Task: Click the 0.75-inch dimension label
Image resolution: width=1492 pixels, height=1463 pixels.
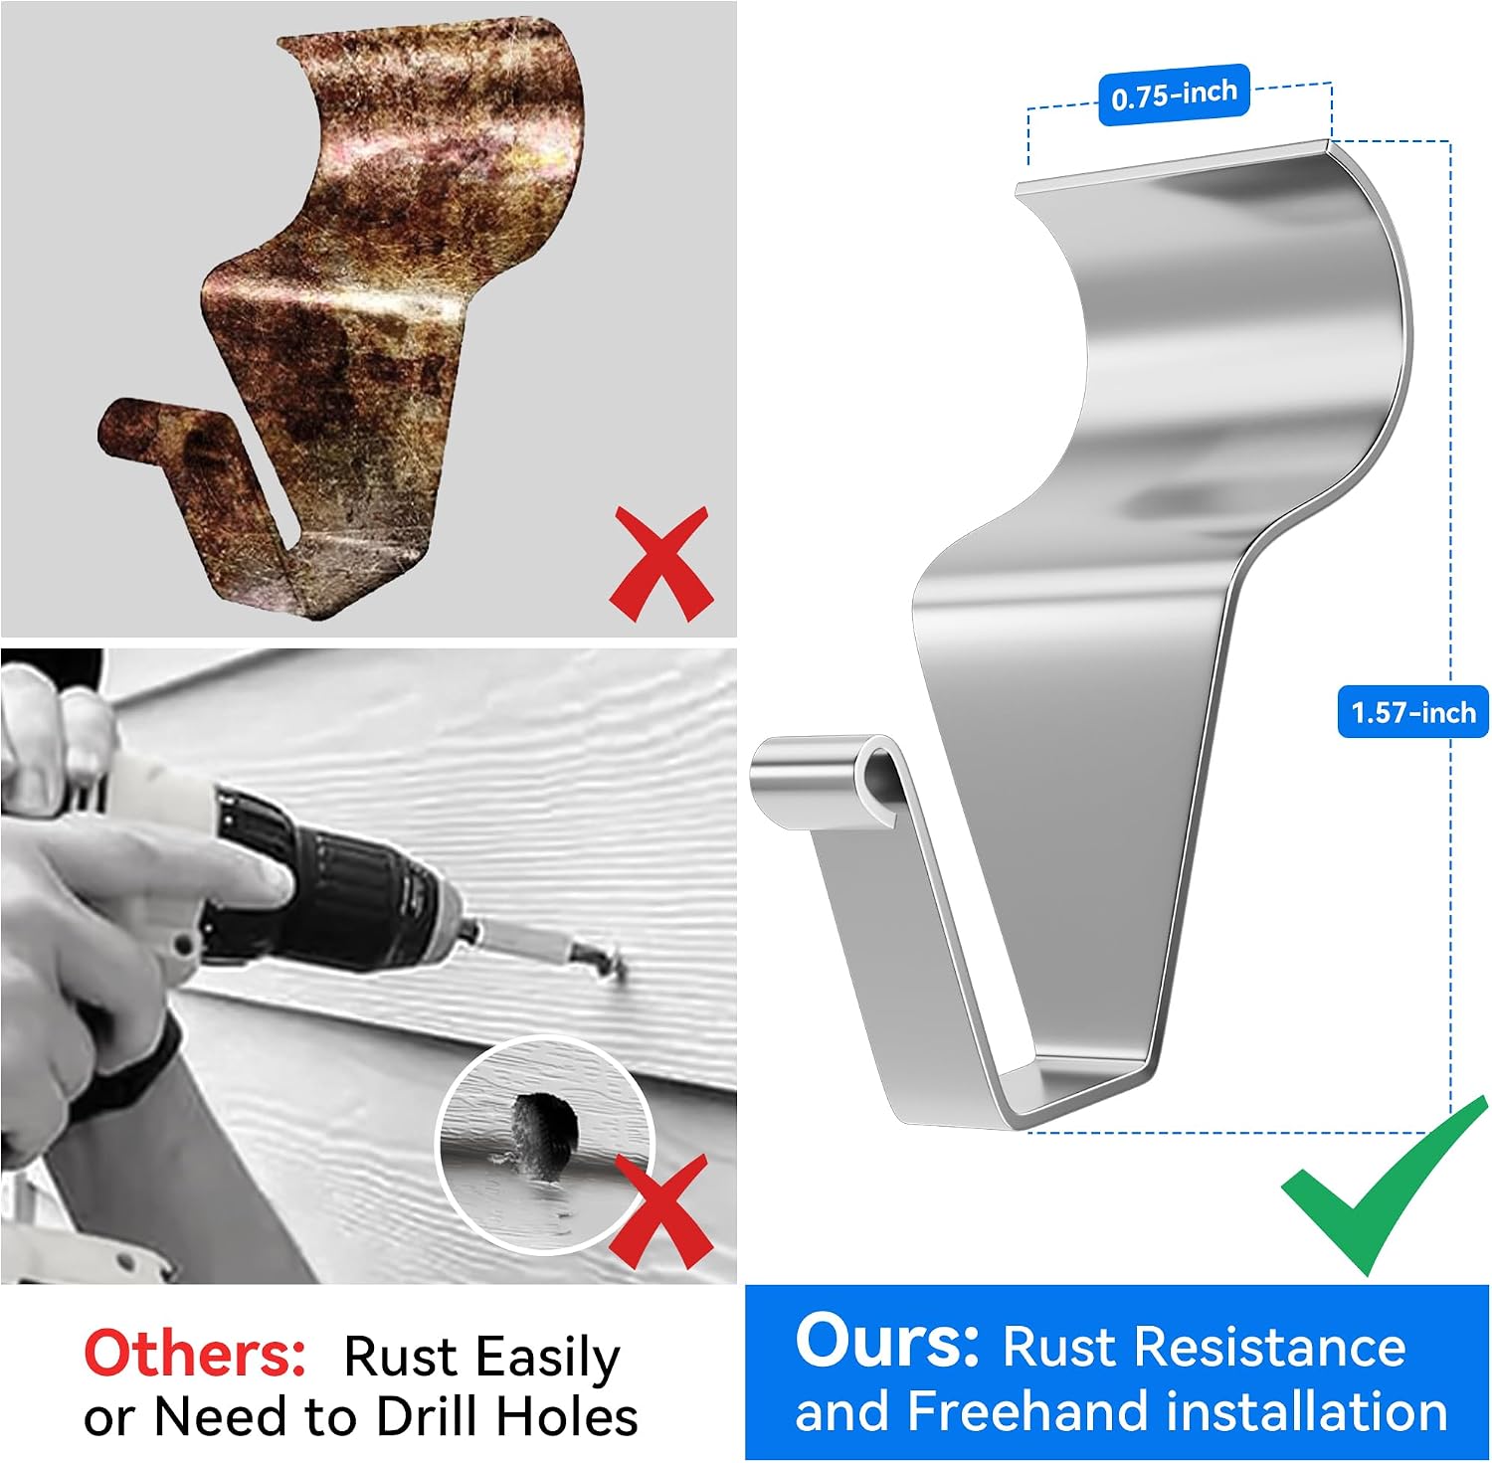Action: [x=1174, y=95]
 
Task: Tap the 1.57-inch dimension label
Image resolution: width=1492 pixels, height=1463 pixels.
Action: [x=1413, y=712]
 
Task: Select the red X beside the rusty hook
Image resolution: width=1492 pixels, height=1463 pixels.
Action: [x=661, y=564]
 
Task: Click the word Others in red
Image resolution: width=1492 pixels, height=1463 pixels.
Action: [x=195, y=1354]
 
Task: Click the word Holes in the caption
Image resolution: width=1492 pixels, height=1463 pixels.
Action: [x=567, y=1416]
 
